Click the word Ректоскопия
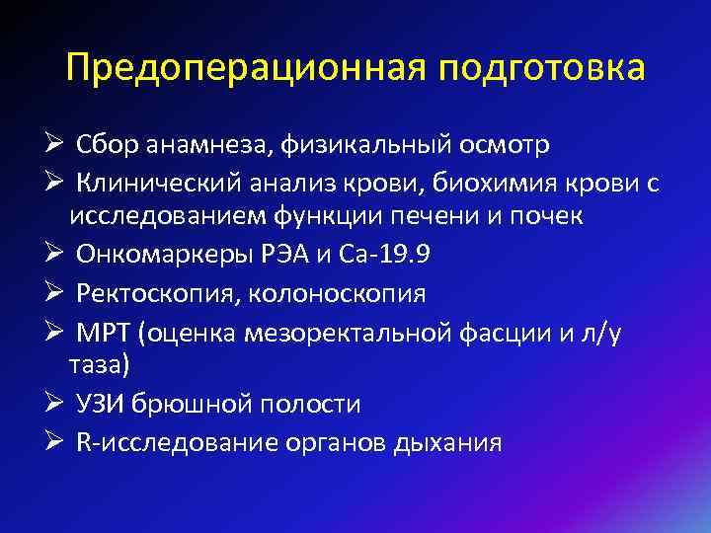[x=148, y=293]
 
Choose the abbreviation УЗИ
[x=100, y=405]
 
